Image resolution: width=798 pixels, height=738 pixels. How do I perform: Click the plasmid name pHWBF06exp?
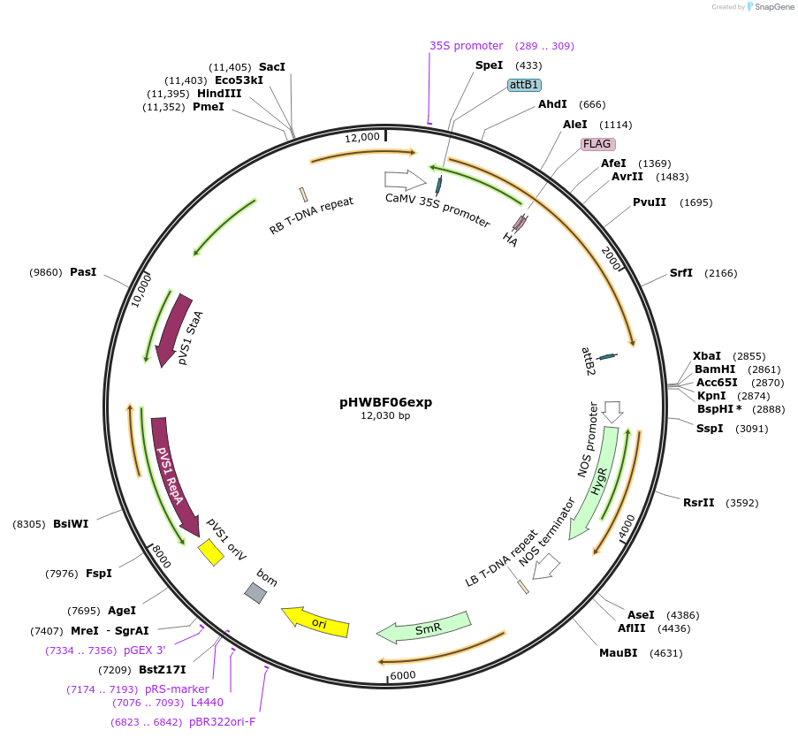click(385, 402)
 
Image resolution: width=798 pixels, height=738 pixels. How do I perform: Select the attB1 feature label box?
click(523, 85)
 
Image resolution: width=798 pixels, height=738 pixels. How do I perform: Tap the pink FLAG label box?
click(597, 144)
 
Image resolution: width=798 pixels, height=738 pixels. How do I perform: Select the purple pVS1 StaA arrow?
click(176, 328)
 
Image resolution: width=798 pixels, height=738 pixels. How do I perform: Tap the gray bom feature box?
click(255, 593)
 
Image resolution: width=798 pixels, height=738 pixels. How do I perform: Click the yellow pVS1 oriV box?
click(210, 553)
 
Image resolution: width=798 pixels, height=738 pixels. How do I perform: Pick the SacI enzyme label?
click(272, 67)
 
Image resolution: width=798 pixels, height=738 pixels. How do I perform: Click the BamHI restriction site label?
click(715, 369)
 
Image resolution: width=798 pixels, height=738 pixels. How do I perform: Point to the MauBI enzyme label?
click(618, 653)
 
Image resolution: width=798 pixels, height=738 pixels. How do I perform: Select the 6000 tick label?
click(402, 674)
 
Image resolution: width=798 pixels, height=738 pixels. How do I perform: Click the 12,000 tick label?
click(362, 137)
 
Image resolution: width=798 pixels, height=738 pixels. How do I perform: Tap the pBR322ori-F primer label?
click(222, 722)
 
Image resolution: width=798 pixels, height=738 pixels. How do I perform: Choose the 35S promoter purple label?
click(466, 46)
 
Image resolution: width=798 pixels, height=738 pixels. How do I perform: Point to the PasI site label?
click(82, 272)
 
